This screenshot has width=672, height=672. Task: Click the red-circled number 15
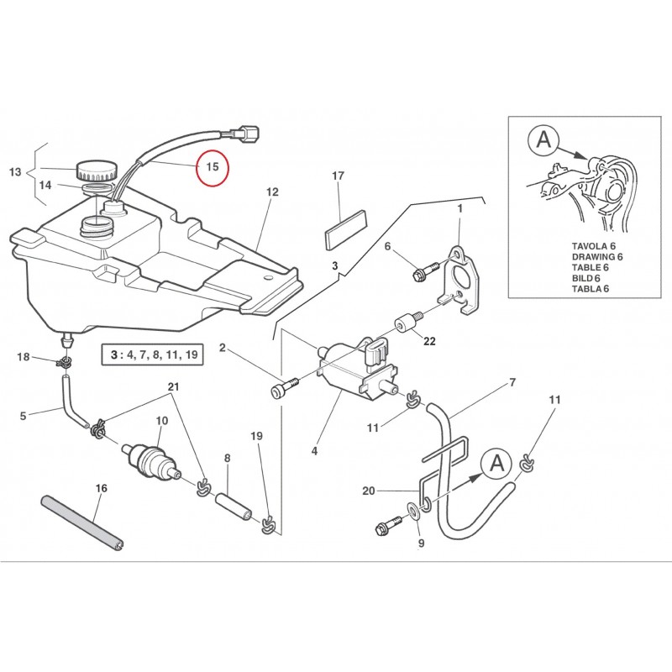[213, 167]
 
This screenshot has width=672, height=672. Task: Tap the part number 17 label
[339, 176]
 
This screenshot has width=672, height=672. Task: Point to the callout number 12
[271, 192]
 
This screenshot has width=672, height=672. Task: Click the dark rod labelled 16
[81, 522]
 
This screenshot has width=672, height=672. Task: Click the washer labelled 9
[412, 510]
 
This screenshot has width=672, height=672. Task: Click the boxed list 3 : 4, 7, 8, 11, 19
[152, 354]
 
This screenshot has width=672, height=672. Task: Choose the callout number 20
[367, 491]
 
